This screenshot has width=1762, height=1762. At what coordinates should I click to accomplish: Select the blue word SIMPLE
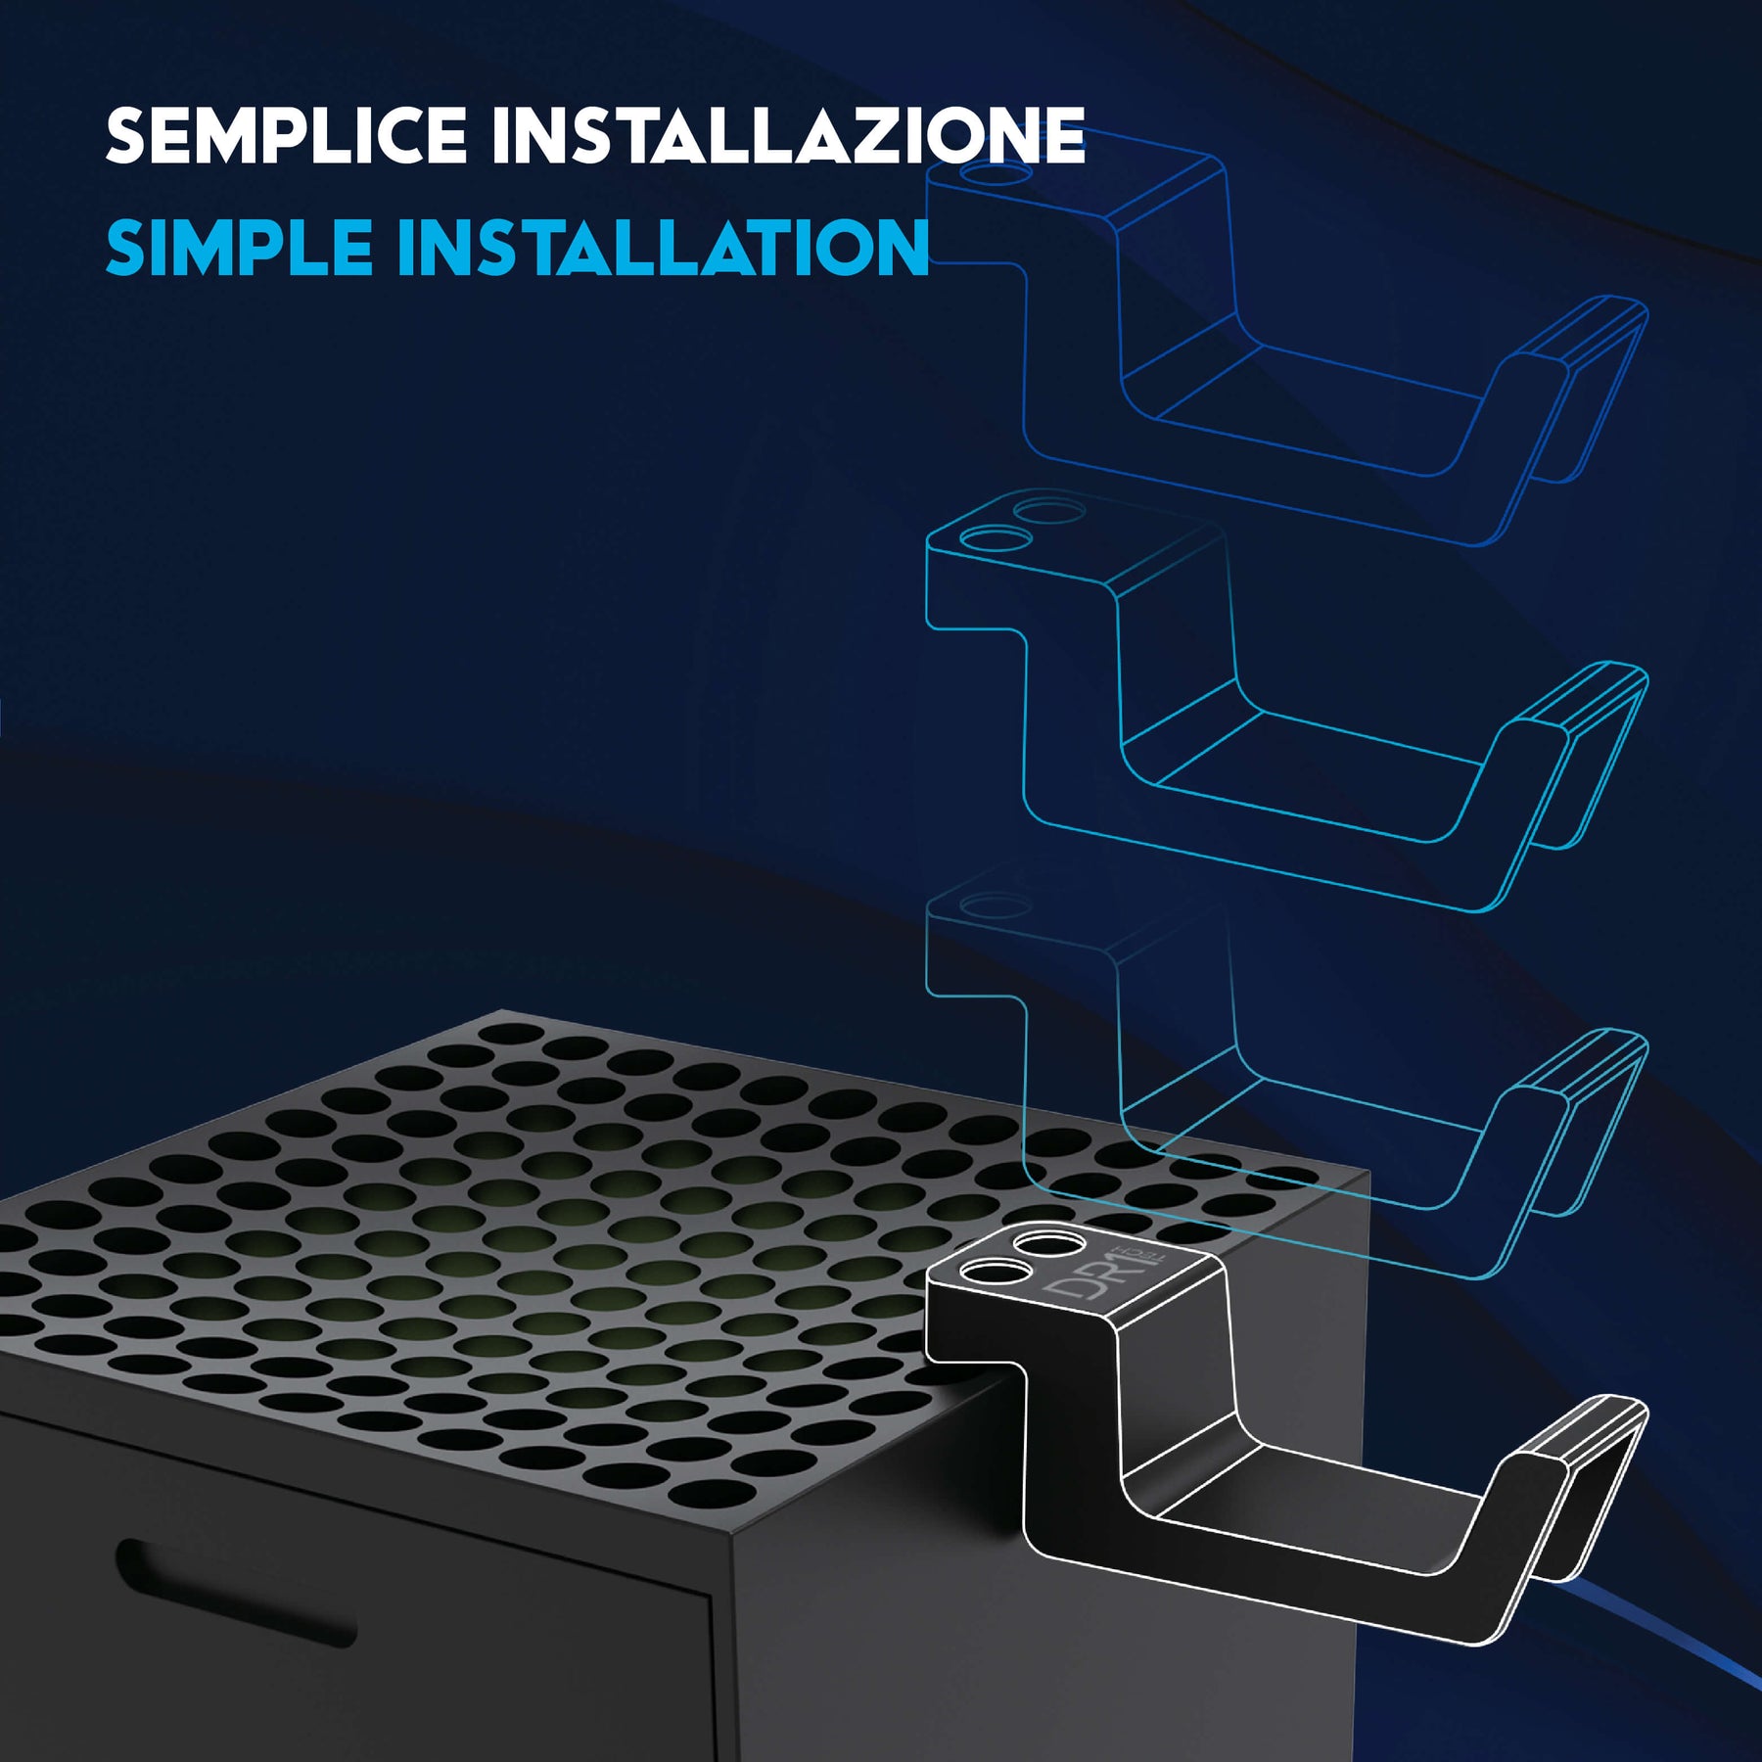(239, 247)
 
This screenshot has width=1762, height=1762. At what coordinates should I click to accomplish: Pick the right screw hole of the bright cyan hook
(1048, 511)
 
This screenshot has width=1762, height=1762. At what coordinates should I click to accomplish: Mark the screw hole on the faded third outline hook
(996, 905)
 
